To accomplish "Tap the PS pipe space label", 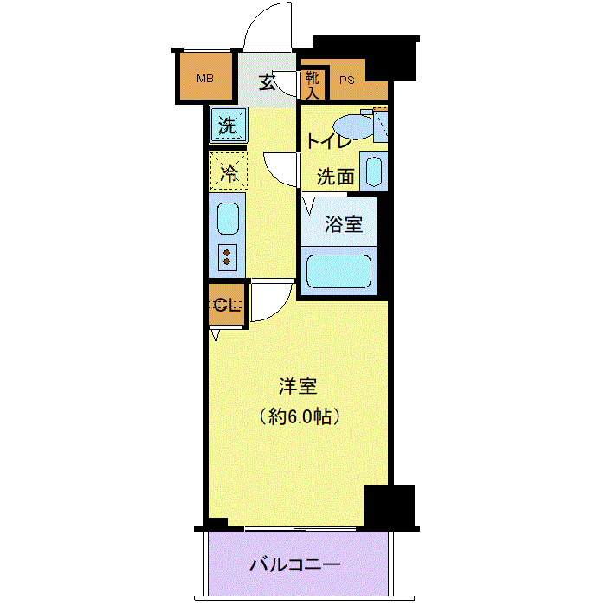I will pyautogui.click(x=347, y=81).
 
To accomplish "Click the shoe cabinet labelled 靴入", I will pyautogui.click(x=313, y=83).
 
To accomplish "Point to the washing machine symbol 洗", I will pyautogui.click(x=228, y=125).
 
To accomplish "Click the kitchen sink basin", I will pyautogui.click(x=227, y=218).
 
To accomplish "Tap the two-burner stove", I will pyautogui.click(x=227, y=256).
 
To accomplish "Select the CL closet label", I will pyautogui.click(x=224, y=305).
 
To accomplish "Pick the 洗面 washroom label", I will pyautogui.click(x=335, y=177).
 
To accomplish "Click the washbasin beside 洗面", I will pyautogui.click(x=373, y=171).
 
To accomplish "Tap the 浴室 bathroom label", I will pyautogui.click(x=343, y=224).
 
